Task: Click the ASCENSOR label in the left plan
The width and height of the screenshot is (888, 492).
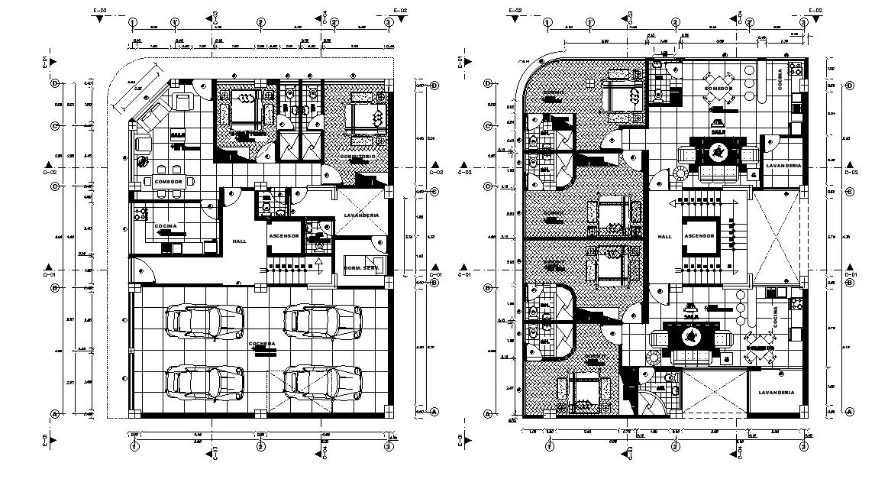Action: (x=283, y=236)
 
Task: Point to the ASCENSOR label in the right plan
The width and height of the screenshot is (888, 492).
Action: (x=699, y=236)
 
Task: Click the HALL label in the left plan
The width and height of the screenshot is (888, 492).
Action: (x=239, y=241)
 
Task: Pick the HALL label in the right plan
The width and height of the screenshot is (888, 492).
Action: (x=664, y=236)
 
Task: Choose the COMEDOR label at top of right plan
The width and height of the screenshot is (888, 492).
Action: (x=718, y=89)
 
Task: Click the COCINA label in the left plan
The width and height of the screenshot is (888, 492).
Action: (x=165, y=227)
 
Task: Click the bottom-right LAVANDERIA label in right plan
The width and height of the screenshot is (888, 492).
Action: (x=776, y=393)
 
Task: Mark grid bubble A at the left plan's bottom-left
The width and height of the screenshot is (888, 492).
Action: (x=54, y=413)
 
